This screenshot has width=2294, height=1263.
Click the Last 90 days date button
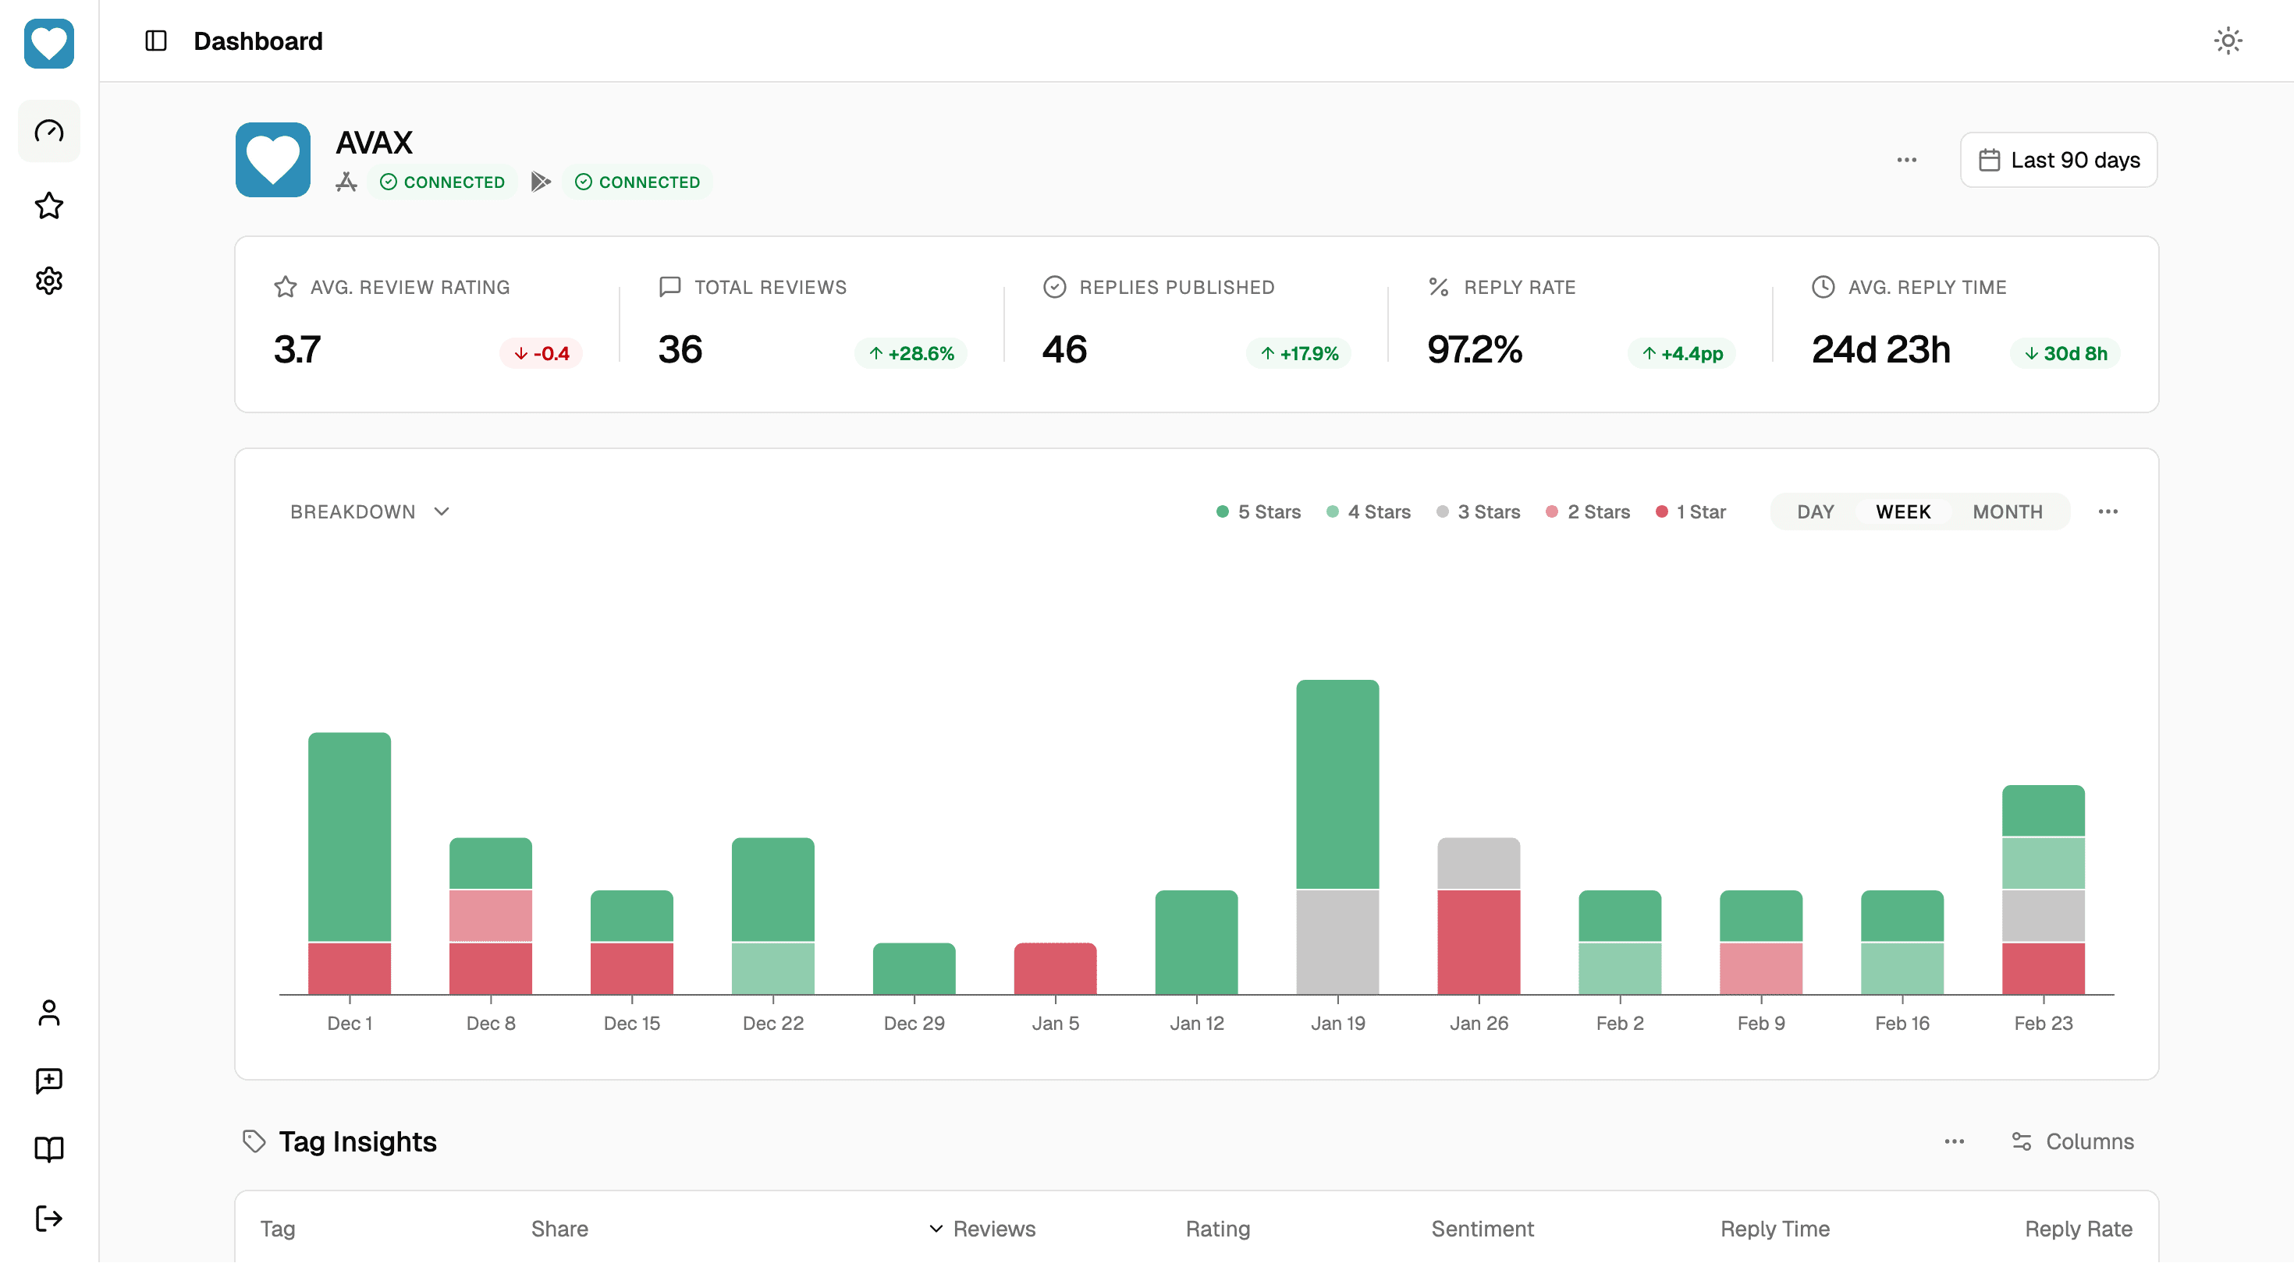tap(2058, 160)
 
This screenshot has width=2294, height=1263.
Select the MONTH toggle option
tap(2006, 511)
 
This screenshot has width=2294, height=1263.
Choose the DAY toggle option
tap(1814, 511)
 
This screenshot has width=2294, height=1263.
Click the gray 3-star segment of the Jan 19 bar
tap(1337, 942)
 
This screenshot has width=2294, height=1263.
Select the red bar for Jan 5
tap(1054, 968)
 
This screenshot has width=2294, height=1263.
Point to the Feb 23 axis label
tap(2043, 1024)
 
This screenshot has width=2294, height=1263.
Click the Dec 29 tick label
tap(914, 1024)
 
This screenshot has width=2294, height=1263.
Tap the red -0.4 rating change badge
tap(542, 353)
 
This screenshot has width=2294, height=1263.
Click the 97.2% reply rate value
tap(1475, 350)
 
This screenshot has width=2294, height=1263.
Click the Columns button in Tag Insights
tap(2072, 1141)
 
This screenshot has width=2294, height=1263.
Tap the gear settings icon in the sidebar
tap(49, 281)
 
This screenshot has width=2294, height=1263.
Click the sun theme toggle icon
tap(2227, 41)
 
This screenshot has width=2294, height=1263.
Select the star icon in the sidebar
tap(49, 206)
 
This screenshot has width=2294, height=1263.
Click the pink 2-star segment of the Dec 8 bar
tap(491, 915)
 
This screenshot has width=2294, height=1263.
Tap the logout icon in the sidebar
tap(49, 1218)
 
